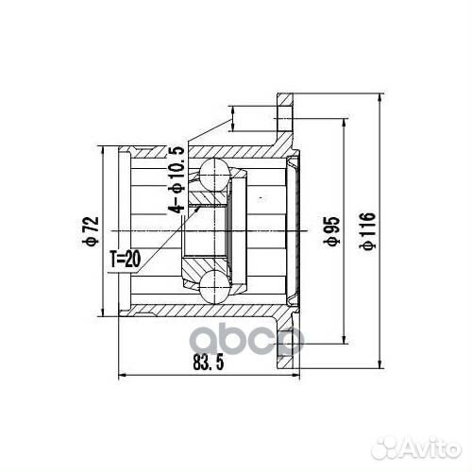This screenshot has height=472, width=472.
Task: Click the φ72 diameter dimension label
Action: coord(91,228)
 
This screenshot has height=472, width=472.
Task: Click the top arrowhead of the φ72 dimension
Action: coord(104,148)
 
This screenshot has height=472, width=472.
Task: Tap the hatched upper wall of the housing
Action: coord(236,151)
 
